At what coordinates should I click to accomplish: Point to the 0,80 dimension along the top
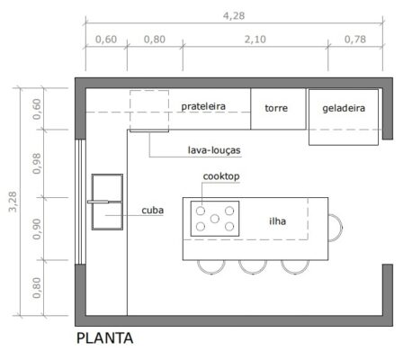pyautogui.click(x=154, y=40)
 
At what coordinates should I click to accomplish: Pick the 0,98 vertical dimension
pyautogui.click(x=37, y=163)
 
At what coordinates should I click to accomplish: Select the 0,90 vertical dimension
pyautogui.click(x=37, y=226)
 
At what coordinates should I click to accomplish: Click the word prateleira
pyautogui.click(x=202, y=106)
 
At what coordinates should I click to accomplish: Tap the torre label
pyautogui.click(x=276, y=107)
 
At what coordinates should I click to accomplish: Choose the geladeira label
pyautogui.click(x=344, y=107)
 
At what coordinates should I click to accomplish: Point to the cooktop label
pyautogui.click(x=221, y=176)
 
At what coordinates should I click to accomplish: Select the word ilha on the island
pyautogui.click(x=278, y=219)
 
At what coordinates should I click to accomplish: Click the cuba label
pyautogui.click(x=152, y=211)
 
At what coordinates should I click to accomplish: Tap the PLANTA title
pyautogui.click(x=105, y=339)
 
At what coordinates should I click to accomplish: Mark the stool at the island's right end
pyautogui.click(x=336, y=226)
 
